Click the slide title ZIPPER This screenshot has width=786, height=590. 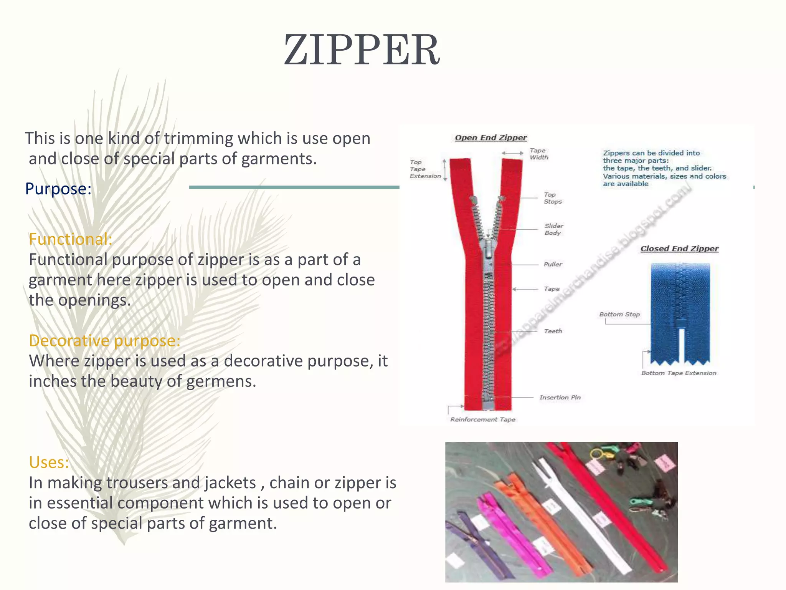tap(362, 50)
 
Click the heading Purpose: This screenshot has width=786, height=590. tap(58, 189)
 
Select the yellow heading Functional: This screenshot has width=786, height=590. tap(70, 239)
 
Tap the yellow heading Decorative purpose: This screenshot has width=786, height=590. tap(104, 340)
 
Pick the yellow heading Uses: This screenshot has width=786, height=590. tap(49, 462)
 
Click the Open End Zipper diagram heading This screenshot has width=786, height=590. tap(490, 138)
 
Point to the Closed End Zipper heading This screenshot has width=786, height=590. tap(679, 249)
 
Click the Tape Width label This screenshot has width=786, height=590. tap(539, 154)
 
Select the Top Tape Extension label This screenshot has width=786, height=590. tap(425, 169)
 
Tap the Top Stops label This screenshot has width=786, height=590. tap(553, 198)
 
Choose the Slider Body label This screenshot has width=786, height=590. tap(553, 229)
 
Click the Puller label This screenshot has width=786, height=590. tap(553, 264)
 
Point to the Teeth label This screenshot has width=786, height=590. tap(553, 331)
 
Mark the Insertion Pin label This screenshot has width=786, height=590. tap(560, 398)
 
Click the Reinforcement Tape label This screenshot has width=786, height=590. tap(482, 419)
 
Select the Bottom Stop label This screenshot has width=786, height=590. tap(619, 314)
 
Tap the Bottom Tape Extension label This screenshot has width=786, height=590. tap(679, 373)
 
